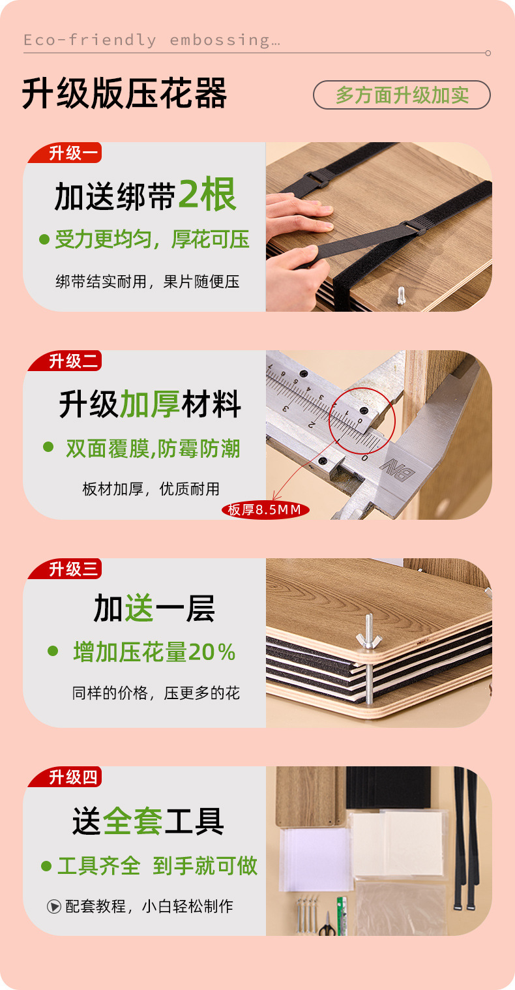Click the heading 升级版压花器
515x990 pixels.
(125, 93)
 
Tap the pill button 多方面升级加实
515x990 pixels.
(402, 95)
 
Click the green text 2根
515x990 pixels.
(207, 195)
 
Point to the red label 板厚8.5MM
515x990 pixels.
(265, 510)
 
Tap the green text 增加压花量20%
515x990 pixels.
(154, 652)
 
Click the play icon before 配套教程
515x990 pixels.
(54, 907)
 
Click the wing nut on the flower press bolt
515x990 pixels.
(368, 637)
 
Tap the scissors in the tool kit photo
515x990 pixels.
(327, 925)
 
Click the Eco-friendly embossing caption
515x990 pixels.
(152, 40)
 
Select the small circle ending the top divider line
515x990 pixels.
(488, 53)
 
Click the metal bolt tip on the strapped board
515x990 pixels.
(401, 295)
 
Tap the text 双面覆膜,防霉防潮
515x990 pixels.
(153, 449)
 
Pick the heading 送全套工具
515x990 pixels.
(148, 820)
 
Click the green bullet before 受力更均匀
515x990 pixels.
(44, 239)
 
